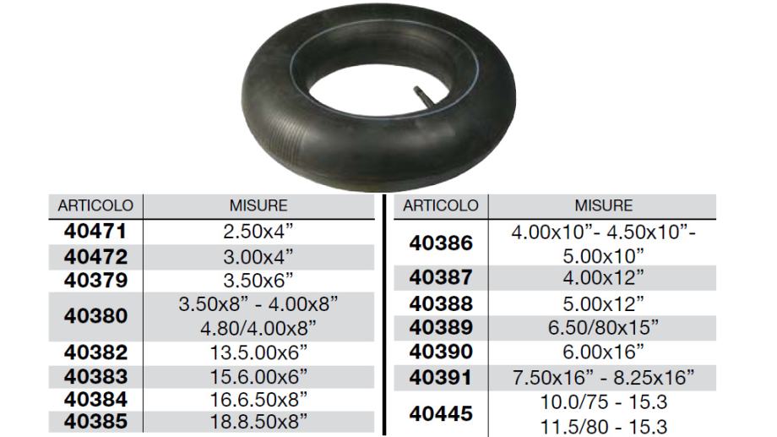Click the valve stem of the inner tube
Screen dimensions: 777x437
pos(425,96)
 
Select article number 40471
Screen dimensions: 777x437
pos(95,232)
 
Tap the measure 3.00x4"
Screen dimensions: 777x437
pos(258,257)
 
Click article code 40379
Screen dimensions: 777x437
pos(95,281)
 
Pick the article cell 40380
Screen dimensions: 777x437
pos(95,316)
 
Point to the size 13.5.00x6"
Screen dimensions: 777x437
pos(258,352)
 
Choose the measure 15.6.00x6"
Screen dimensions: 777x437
pos(258,377)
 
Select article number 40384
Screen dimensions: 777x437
pos(95,399)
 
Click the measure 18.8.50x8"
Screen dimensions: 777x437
pos(258,422)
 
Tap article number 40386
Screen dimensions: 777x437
pos(441,243)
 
